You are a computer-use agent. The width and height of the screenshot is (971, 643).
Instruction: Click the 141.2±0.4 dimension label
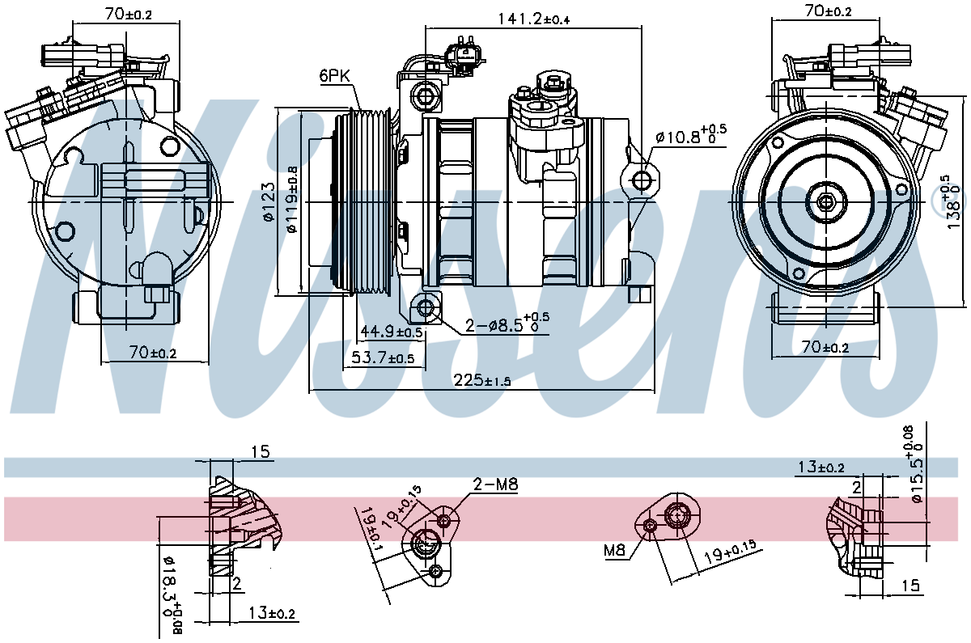tap(533, 19)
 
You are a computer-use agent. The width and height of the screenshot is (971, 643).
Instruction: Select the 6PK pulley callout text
tap(335, 76)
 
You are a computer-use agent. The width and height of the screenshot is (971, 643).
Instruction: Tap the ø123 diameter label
tap(269, 202)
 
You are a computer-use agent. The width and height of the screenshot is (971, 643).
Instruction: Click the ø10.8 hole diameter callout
tap(691, 135)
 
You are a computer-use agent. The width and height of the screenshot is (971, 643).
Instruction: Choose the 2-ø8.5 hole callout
tap(507, 323)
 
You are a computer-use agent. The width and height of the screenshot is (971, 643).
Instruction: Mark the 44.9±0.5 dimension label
tap(392, 332)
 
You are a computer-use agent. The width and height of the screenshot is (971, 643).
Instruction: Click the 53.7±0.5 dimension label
tap(382, 357)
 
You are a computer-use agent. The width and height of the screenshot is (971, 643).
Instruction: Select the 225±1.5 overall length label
tap(482, 380)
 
